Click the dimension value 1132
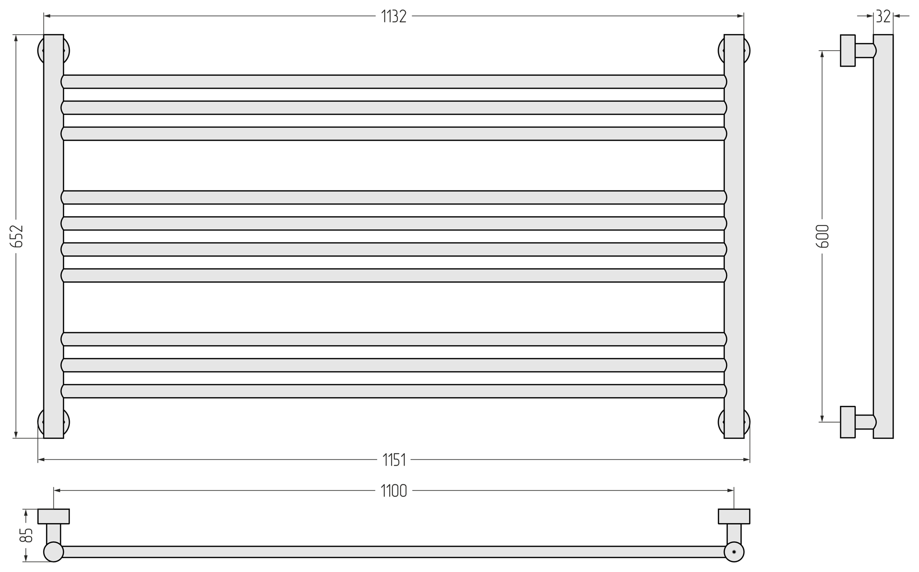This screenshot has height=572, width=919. coord(393,17)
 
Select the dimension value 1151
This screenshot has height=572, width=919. coord(394,460)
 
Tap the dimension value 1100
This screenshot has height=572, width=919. coord(394,491)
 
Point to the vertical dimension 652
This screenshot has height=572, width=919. coord(17,236)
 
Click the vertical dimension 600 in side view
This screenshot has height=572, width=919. coord(822,236)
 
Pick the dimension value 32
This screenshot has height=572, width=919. coord(883,17)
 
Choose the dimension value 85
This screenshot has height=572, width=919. coord(26,535)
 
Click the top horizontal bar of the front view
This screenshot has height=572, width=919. coord(393,82)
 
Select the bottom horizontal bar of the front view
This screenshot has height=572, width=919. coord(393,391)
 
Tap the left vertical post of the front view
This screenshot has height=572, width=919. coord(54,236)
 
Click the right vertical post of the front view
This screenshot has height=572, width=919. coord(734,236)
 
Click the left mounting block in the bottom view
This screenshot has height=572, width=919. coord(54,516)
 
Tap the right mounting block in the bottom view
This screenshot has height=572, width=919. coord(734,516)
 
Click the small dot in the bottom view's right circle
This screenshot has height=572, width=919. coord(734,552)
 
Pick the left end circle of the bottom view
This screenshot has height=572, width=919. coord(54,552)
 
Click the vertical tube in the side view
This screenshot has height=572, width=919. coord(883,236)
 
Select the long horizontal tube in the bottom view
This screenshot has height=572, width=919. coord(393,552)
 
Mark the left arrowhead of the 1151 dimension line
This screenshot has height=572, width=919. coord(41,460)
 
